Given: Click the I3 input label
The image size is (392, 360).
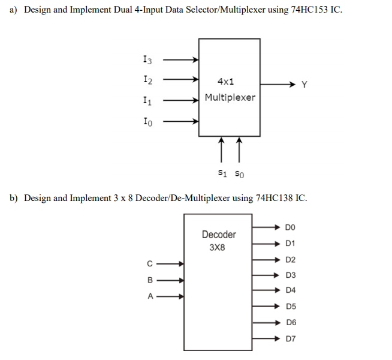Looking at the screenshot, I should (x=147, y=60).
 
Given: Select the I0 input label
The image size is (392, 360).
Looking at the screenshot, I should (x=147, y=122).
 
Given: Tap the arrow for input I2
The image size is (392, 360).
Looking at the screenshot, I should (x=180, y=80).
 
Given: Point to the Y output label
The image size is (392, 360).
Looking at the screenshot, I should (x=304, y=85).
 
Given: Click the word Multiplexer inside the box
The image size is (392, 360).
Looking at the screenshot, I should (x=230, y=97).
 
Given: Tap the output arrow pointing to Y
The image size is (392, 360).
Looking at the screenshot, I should (x=278, y=84).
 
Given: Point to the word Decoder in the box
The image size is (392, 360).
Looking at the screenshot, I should (x=219, y=235).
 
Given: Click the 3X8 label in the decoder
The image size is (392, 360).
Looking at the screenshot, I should (x=218, y=247).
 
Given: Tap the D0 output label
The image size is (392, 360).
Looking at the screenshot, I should (x=291, y=227).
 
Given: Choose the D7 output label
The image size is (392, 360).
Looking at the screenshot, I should (x=291, y=339).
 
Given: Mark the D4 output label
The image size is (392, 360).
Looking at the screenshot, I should (x=291, y=291).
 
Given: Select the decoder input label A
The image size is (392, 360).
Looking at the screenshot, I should (x=150, y=296).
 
